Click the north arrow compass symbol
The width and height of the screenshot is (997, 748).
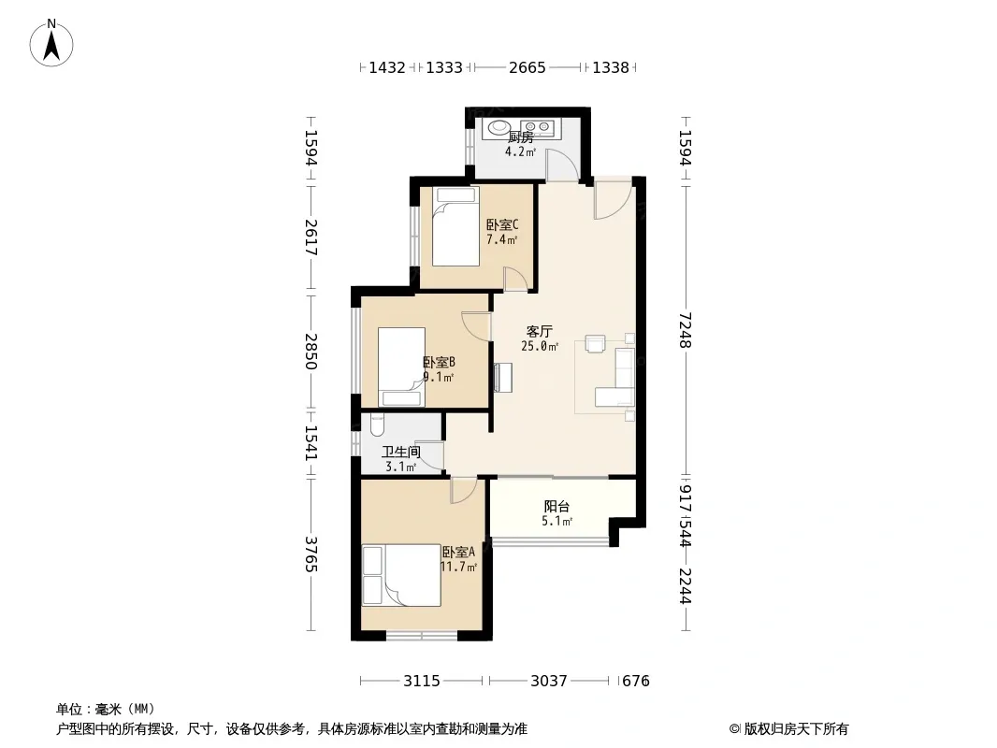coord(51,43)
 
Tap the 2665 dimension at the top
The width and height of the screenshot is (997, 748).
coord(527,67)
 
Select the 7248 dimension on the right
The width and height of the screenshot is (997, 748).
coord(685,330)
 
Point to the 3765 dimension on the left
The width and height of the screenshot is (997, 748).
coord(311,554)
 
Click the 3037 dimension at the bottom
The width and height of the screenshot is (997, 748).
coord(549,682)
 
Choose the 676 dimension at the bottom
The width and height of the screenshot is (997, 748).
coord(636,682)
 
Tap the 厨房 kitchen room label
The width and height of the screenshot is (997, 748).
coord(521,137)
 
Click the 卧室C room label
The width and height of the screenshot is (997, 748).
coord(502,225)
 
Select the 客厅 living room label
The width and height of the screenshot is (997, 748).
coord(540,331)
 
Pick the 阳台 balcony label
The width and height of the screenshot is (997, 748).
coord(556,507)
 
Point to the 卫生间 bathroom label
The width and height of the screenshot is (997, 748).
coord(400,452)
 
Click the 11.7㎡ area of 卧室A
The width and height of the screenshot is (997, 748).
coord(458,567)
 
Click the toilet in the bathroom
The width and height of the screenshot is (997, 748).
coord(376,424)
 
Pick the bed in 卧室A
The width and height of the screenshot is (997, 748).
coord(401,575)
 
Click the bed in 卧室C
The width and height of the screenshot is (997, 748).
coord(455,227)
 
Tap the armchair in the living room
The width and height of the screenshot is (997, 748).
coord(596,343)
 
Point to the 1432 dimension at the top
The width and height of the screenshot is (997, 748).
coord(386,67)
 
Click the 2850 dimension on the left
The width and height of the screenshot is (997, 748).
coord(311,352)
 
